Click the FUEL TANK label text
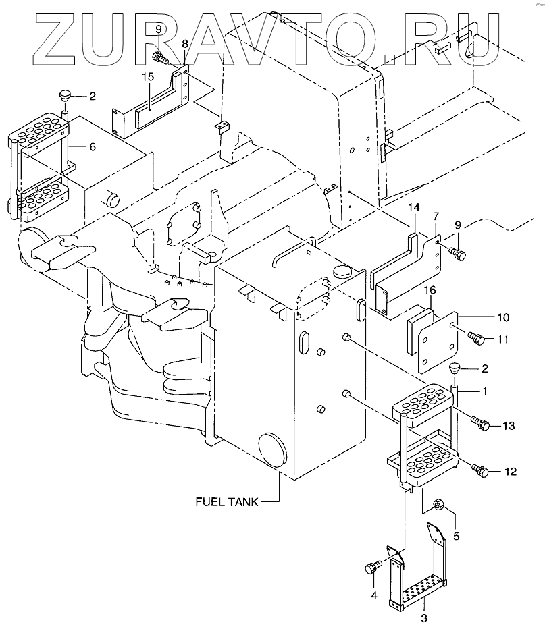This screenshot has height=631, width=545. [226, 501]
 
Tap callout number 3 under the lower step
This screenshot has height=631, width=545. [423, 617]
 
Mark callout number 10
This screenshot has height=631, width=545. [503, 317]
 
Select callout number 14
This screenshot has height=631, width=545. [414, 209]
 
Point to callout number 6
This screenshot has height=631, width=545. [93, 146]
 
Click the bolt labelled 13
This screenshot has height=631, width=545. [480, 424]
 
